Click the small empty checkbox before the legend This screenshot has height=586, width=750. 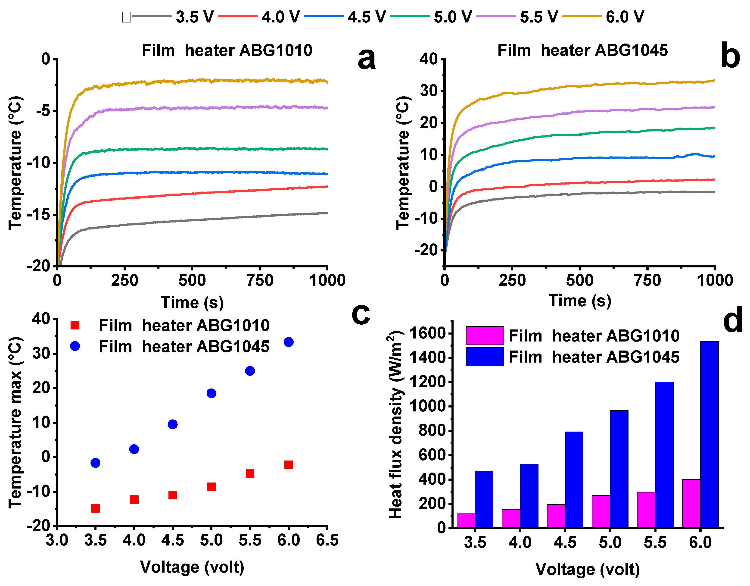(x=126, y=17)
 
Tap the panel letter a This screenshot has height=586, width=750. (x=366, y=58)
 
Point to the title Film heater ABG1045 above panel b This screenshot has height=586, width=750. (x=582, y=50)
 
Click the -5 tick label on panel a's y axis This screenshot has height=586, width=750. (x=43, y=111)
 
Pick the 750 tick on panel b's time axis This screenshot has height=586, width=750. (x=647, y=280)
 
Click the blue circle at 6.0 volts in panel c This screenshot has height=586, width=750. (x=289, y=342)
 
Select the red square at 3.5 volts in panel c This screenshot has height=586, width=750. (x=96, y=508)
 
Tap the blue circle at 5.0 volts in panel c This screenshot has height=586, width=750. (x=211, y=393)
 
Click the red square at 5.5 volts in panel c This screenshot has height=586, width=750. (x=250, y=473)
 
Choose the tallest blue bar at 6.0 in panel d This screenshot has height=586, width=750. (x=709, y=435)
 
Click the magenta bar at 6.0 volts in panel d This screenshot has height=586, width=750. (x=691, y=504)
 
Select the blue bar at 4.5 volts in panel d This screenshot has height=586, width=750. (x=574, y=479)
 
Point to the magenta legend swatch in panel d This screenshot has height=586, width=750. (x=485, y=335)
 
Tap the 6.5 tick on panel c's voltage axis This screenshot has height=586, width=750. (x=327, y=540)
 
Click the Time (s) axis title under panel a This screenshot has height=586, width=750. (x=192, y=303)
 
